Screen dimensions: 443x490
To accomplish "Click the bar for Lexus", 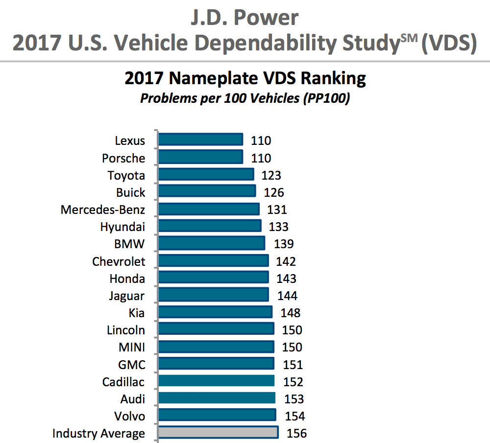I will (x=201, y=140).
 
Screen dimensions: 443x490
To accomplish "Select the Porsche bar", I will (x=201, y=157).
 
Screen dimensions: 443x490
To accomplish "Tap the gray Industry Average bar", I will (x=218, y=433).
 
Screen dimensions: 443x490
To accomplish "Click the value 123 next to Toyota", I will (x=271, y=175).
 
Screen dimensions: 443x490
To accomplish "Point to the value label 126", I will (x=274, y=192).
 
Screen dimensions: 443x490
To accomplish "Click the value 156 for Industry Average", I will (x=297, y=433).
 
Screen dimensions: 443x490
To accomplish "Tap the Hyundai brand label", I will (x=122, y=227).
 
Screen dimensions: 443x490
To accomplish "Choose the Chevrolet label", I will (x=119, y=261).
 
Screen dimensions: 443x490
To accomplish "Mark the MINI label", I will (x=131, y=347).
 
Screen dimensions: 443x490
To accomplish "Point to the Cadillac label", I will (x=123, y=382).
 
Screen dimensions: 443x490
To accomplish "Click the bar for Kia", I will (x=215, y=312).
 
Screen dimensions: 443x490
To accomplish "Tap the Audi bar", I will (x=217, y=398).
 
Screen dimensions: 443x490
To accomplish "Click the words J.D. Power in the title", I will (x=245, y=18).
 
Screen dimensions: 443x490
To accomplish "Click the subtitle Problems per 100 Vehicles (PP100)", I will (x=245, y=98).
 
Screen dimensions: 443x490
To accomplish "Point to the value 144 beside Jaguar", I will (x=287, y=296).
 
